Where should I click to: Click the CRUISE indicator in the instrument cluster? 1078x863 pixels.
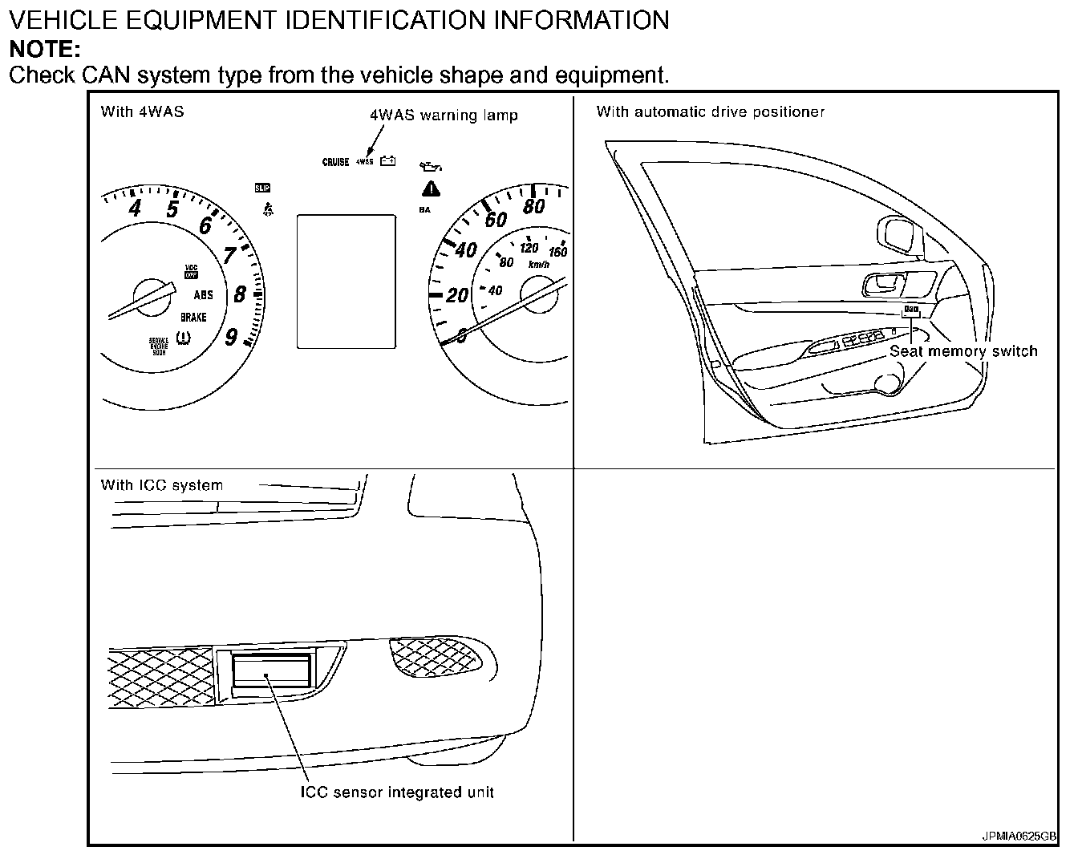tap(335, 162)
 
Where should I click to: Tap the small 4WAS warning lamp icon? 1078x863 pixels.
tap(364, 162)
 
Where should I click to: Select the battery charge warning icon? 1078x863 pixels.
tap(388, 160)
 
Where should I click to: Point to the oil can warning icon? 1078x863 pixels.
tap(431, 167)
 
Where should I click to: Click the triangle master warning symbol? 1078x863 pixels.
tap(432, 189)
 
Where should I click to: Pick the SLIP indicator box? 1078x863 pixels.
tap(261, 188)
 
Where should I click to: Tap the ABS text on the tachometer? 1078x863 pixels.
tap(204, 295)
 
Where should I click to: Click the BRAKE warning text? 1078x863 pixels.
tap(193, 317)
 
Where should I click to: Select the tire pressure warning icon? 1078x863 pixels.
tap(184, 338)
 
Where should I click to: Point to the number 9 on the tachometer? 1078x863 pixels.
tap(231, 337)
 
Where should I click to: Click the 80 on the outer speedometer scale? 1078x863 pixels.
tap(533, 207)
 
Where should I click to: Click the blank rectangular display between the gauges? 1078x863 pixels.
tap(346, 281)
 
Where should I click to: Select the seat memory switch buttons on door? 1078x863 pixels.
tap(910, 309)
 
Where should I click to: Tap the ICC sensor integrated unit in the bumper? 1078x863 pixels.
tap(270, 672)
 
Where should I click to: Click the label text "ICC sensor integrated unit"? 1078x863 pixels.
tap(397, 792)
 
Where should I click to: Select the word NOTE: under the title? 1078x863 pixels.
tap(45, 50)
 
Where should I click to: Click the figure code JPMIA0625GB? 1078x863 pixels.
tap(1019, 836)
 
